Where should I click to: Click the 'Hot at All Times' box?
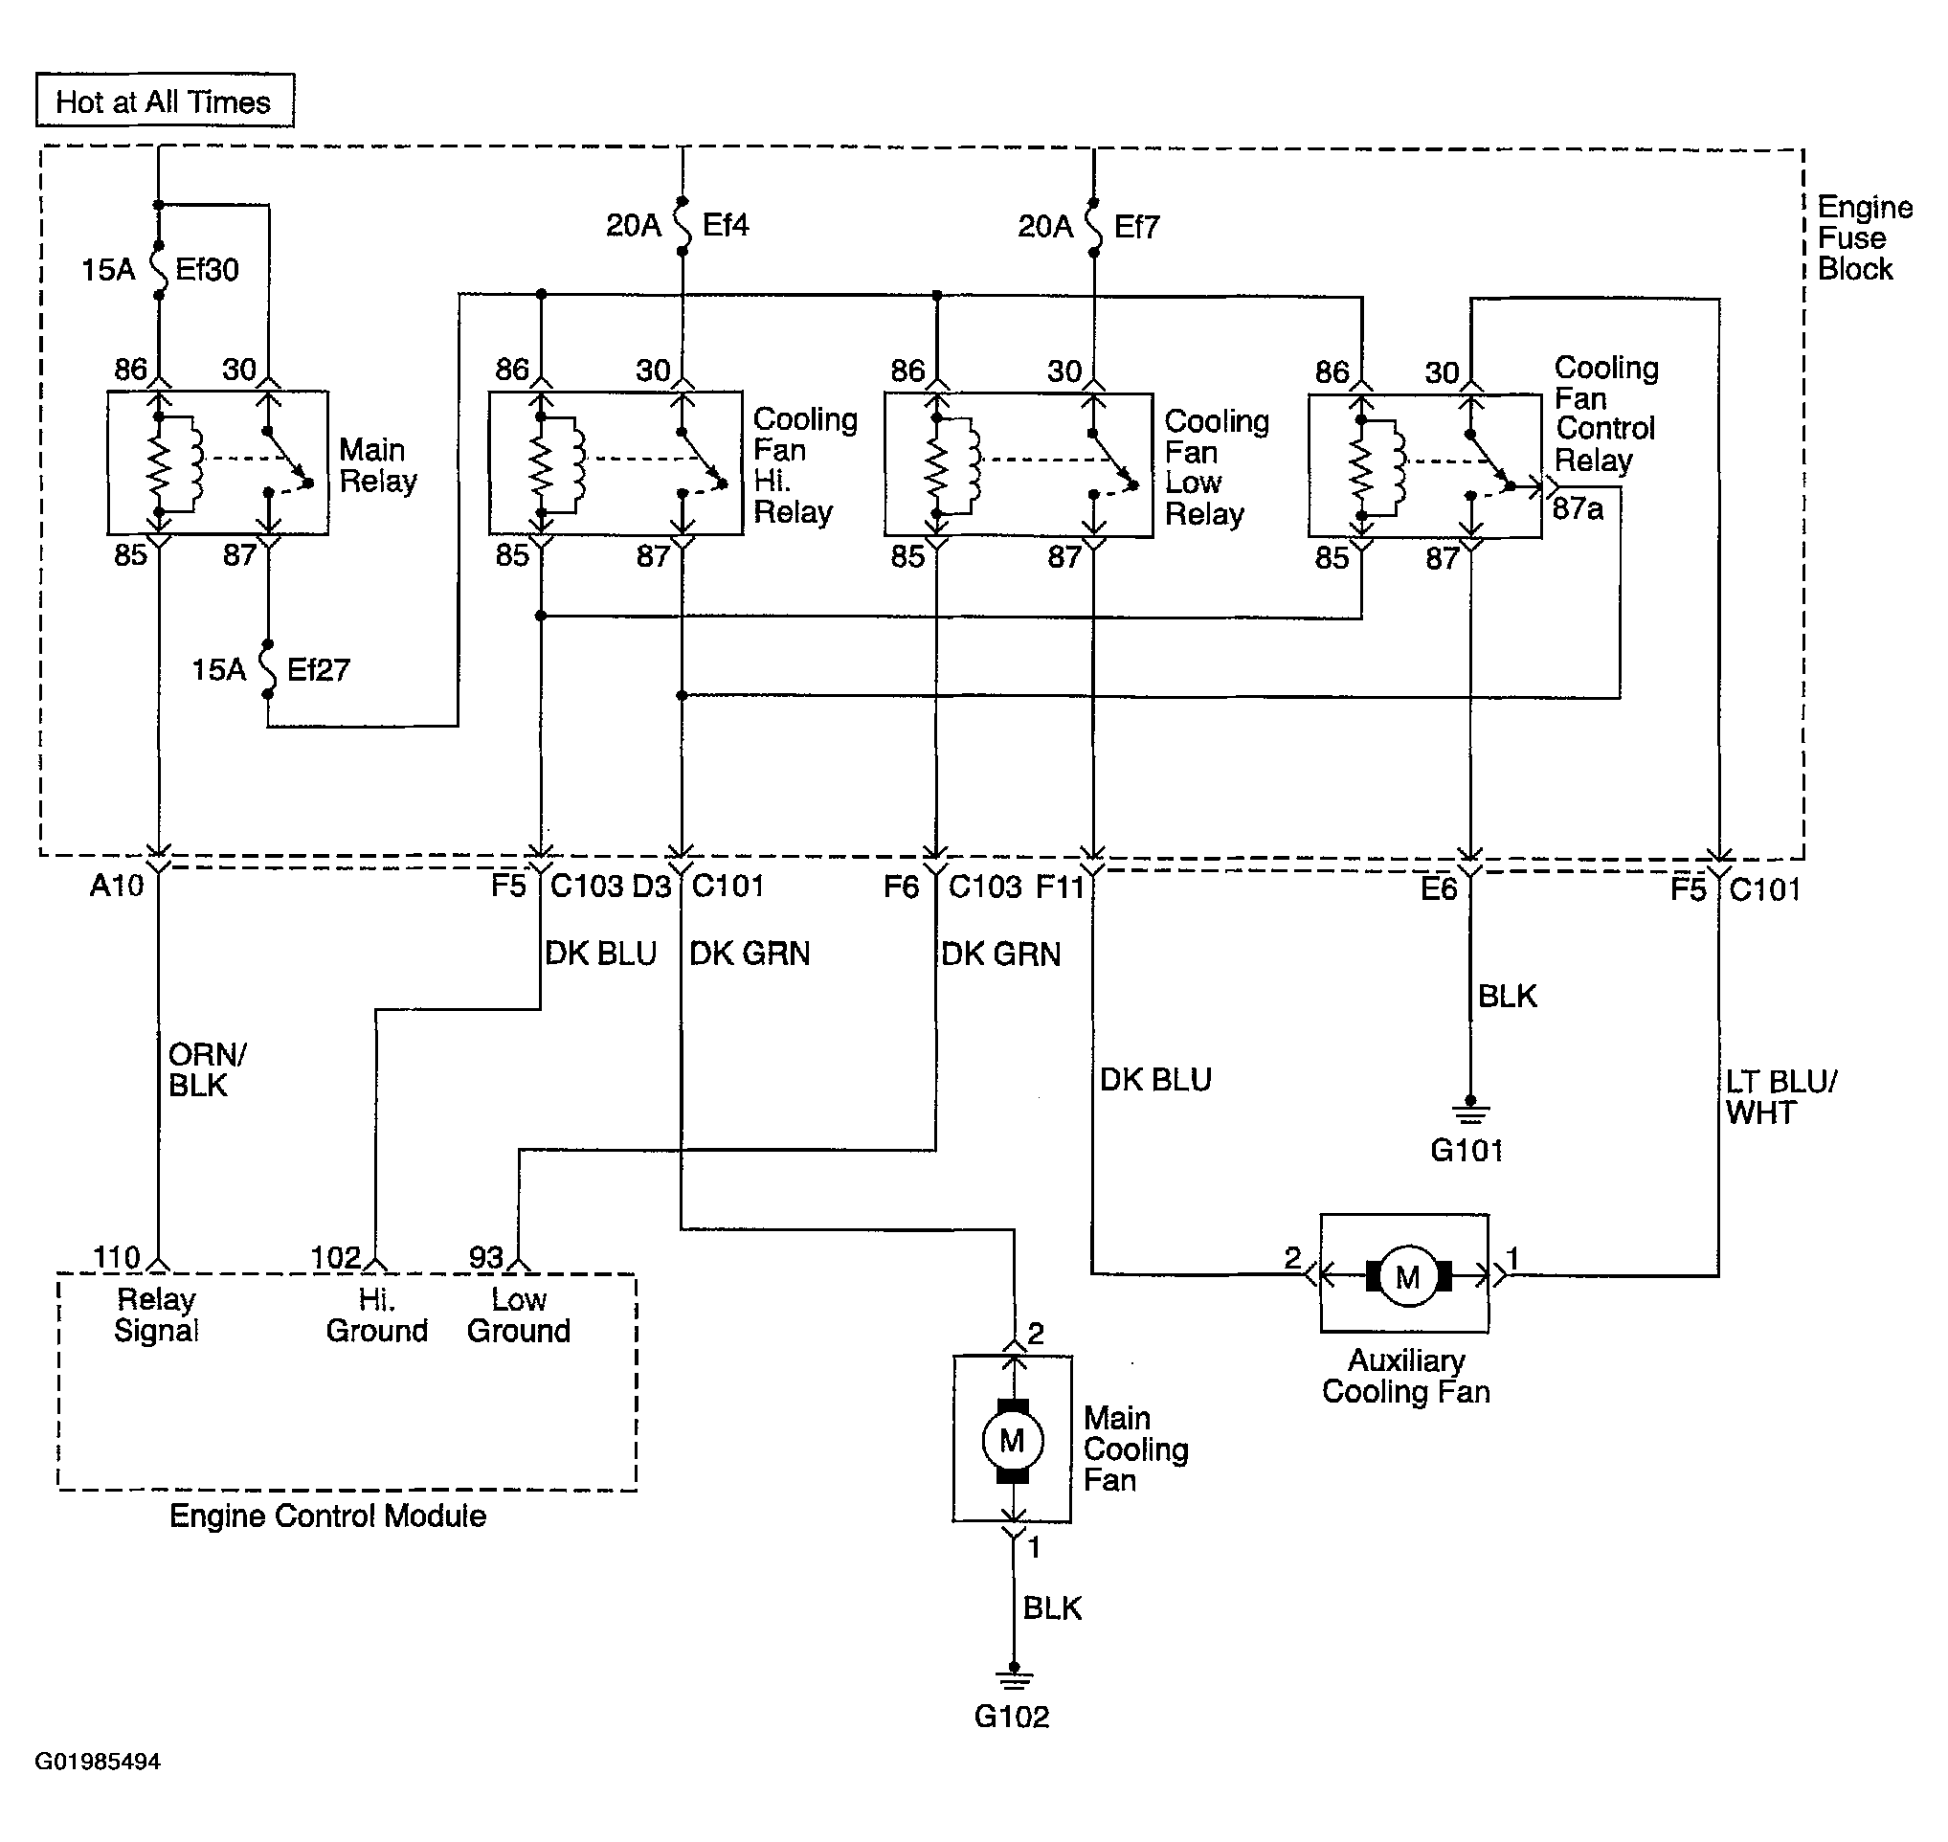coord(165,101)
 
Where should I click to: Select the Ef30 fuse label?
coord(207,269)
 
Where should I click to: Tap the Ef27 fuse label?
coord(318,669)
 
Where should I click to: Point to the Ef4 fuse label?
coord(726,225)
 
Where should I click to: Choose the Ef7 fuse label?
coord(1137,227)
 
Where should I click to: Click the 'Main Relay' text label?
coord(378,465)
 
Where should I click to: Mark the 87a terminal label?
coord(1578,508)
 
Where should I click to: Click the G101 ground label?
coord(1467,1150)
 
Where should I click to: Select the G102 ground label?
coord(1011,1717)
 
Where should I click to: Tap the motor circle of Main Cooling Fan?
coord(1013,1441)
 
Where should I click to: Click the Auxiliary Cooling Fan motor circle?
coord(1408,1276)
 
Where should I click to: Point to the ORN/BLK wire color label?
coord(207,1070)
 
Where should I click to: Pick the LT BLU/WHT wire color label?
coord(1781,1098)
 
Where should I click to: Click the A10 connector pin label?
coord(117,886)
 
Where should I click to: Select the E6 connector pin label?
coord(1439,888)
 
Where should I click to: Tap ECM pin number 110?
coord(117,1257)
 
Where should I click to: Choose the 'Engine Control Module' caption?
coord(328,1516)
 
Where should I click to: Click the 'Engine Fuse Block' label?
coord(1865,237)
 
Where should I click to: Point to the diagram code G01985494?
coord(99,1762)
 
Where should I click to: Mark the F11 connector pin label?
coord(1061,887)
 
